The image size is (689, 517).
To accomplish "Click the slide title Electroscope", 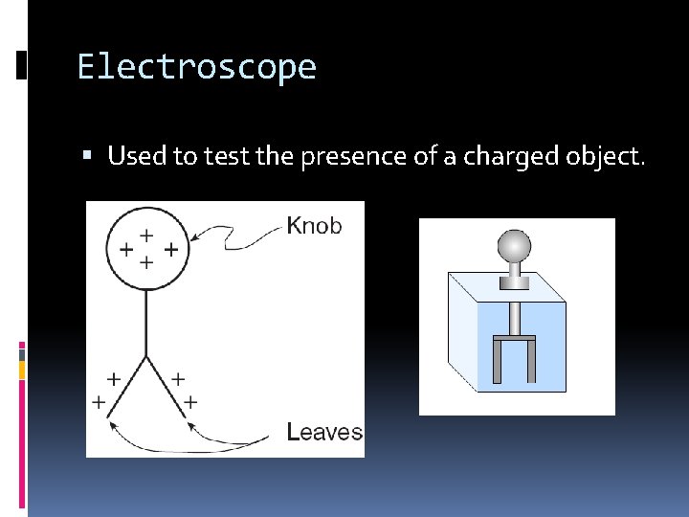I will (196, 68).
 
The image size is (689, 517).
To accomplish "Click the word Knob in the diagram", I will (314, 226).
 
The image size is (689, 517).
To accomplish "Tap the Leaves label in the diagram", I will (324, 432).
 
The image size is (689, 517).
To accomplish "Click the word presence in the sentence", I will (347, 155).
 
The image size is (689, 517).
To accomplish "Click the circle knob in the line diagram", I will (146, 249).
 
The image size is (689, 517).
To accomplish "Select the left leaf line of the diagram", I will (127, 388).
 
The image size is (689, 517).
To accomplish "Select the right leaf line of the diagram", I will (166, 388).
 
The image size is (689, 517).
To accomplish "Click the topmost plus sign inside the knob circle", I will (146, 233).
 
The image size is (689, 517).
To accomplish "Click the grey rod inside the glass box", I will (515, 316).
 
